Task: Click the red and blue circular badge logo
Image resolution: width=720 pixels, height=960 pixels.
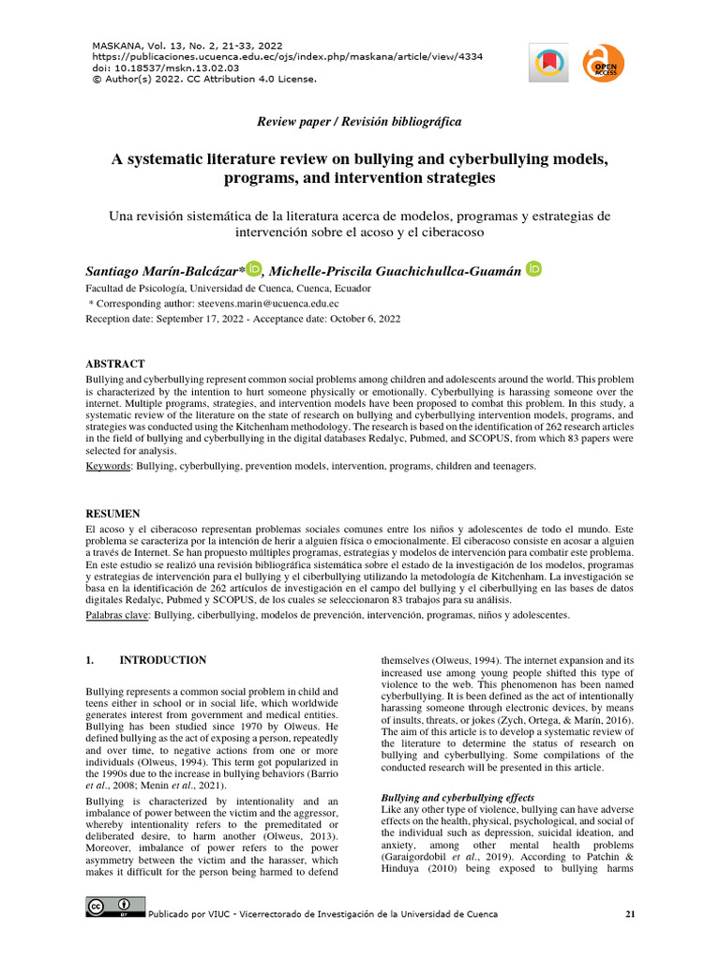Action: click(x=547, y=64)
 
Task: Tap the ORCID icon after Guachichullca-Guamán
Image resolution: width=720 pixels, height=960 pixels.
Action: click(x=534, y=270)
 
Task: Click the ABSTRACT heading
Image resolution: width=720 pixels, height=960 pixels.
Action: click(x=115, y=364)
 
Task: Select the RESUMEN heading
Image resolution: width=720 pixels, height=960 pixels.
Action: click(x=113, y=514)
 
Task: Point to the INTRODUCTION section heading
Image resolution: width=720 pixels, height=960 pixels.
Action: click(x=163, y=660)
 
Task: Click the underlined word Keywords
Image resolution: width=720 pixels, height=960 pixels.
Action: click(x=109, y=466)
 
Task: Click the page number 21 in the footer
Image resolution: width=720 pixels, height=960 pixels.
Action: click(x=630, y=914)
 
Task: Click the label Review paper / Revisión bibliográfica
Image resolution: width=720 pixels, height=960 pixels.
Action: click(x=359, y=122)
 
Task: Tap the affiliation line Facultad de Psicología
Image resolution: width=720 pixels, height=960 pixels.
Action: click(x=228, y=289)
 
